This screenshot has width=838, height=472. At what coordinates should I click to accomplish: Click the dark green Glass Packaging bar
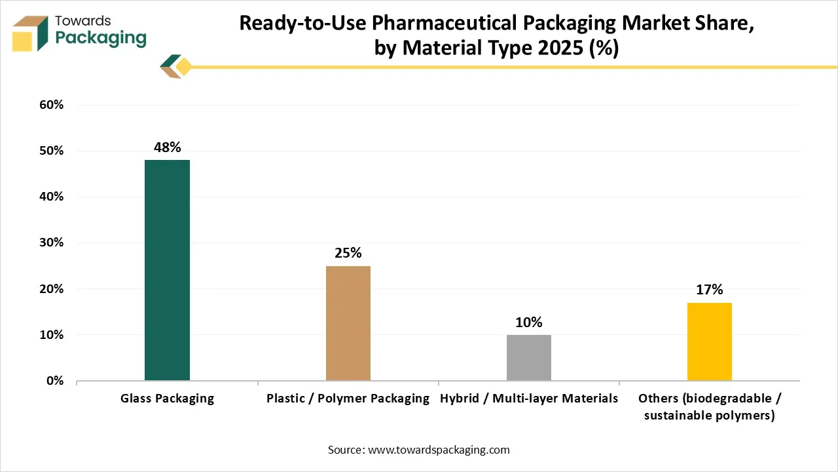[167, 270]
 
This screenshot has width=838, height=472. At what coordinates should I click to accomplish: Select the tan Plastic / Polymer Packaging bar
[348, 323]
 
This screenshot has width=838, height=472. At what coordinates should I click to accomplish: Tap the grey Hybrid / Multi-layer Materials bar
[528, 357]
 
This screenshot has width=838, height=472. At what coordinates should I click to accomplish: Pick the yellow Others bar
[709, 342]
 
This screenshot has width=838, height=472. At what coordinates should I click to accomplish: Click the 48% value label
[167, 147]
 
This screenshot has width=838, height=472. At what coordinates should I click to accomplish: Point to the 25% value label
[348, 253]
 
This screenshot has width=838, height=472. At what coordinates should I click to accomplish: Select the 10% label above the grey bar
[528, 323]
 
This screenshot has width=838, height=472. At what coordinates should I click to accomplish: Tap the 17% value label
[709, 290]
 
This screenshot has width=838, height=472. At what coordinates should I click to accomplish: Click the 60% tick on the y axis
[50, 105]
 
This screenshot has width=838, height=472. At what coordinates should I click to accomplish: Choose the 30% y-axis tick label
[50, 243]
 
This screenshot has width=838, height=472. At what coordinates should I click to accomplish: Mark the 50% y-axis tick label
[50, 151]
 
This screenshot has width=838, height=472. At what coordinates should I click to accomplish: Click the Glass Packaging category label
[167, 399]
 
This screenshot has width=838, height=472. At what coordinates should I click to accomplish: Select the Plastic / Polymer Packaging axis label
[348, 399]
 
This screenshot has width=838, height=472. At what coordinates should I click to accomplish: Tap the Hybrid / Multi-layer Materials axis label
[528, 399]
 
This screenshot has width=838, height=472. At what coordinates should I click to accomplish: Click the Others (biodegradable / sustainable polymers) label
[709, 407]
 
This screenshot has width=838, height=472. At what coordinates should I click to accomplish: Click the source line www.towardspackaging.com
[418, 450]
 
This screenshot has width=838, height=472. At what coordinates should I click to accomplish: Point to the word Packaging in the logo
[101, 39]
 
